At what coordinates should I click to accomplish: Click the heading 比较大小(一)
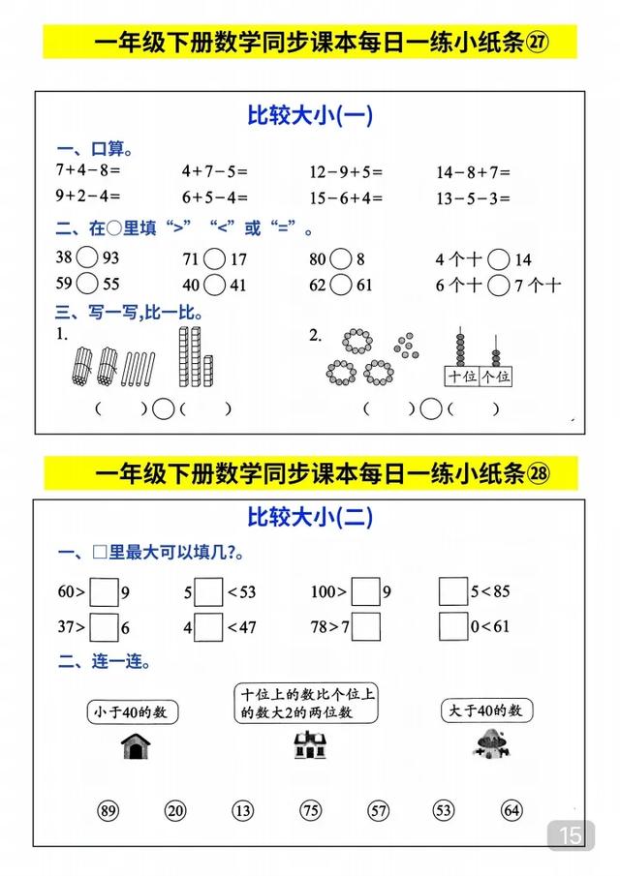coord(310,116)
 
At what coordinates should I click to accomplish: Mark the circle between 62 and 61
coord(340,285)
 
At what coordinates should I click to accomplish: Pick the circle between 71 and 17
coord(214,258)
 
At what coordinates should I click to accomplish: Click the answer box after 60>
coord(104,590)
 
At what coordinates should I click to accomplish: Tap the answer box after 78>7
coord(365,626)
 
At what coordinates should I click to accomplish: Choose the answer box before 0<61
coord(453,626)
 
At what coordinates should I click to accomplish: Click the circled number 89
coord(108,811)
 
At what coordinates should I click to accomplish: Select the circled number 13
coord(242,811)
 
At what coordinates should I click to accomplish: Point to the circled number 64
coord(511,811)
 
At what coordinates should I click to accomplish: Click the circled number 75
coord(310,811)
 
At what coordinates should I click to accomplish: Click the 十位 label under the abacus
coord(460,377)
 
